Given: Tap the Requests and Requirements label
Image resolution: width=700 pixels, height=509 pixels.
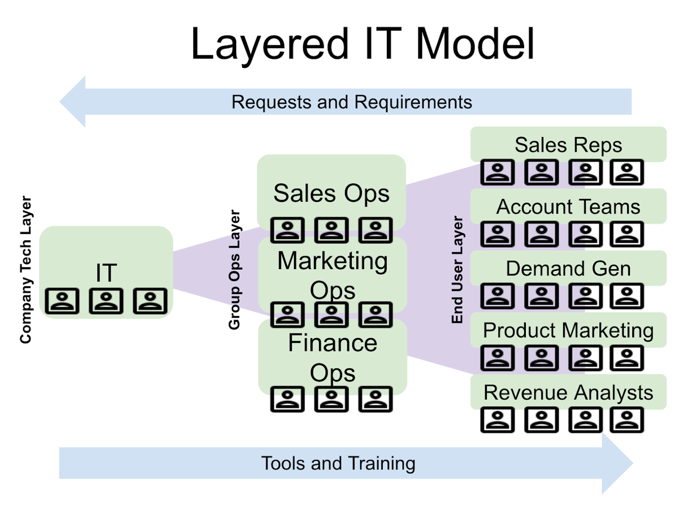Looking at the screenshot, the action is [x=352, y=102].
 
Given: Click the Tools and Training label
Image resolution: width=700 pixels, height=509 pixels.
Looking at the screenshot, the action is [x=338, y=463].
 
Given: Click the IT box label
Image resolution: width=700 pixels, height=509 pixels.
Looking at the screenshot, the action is [x=106, y=273].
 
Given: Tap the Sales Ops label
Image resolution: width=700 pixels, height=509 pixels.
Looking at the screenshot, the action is [x=331, y=193].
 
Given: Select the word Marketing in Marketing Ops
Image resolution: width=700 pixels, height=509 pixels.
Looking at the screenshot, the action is [x=332, y=261].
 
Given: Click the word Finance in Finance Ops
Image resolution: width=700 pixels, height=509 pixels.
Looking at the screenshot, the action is [x=332, y=343].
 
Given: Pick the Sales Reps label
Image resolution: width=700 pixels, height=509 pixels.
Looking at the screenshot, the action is [x=568, y=145].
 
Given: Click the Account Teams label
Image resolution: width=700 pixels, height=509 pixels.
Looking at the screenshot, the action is [x=568, y=206].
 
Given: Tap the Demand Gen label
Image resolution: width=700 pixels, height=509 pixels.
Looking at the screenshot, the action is [x=568, y=269].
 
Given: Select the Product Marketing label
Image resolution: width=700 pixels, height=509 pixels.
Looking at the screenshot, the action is [x=568, y=330].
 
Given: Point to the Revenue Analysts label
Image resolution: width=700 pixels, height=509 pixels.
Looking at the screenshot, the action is [x=568, y=392].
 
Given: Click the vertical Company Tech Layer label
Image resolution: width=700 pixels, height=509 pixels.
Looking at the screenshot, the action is [x=25, y=270].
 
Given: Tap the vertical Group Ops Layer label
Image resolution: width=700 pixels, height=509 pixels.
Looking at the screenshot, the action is [x=235, y=270].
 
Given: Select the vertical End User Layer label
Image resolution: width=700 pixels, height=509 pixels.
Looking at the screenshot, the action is [x=457, y=270].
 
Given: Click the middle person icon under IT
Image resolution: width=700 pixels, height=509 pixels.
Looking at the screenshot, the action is [x=106, y=301].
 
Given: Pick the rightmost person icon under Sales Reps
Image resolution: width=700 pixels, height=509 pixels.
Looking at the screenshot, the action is [x=627, y=172].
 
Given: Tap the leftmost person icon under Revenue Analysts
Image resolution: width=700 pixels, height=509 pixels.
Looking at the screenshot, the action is [x=498, y=420].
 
